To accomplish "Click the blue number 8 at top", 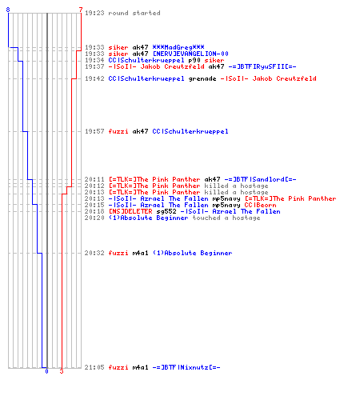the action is [x=8, y=10].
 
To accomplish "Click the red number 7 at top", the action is [x=81, y=10].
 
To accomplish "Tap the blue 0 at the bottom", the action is [x=47, y=371].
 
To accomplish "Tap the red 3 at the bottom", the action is [x=62, y=371].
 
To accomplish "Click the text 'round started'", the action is [x=134, y=13].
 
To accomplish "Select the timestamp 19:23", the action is [x=94, y=13].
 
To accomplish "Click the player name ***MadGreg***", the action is [x=178, y=47].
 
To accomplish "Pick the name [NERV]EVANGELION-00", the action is [x=190, y=54].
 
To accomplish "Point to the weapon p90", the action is [x=194, y=60].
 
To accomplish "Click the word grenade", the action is [x=202, y=78].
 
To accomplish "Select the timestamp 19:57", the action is [x=94, y=131].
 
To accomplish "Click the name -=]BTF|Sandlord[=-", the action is [x=260, y=179].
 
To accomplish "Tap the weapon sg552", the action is [x=166, y=211].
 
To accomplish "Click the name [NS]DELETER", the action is [x=130, y=211].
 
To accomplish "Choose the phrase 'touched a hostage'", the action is [x=226, y=218].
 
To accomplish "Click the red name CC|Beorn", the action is [x=260, y=205].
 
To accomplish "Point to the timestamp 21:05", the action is [x=94, y=367].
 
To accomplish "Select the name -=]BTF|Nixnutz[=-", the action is [x=186, y=367].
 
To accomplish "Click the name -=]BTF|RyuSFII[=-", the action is [x=262, y=66].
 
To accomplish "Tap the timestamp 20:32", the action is [x=94, y=253].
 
